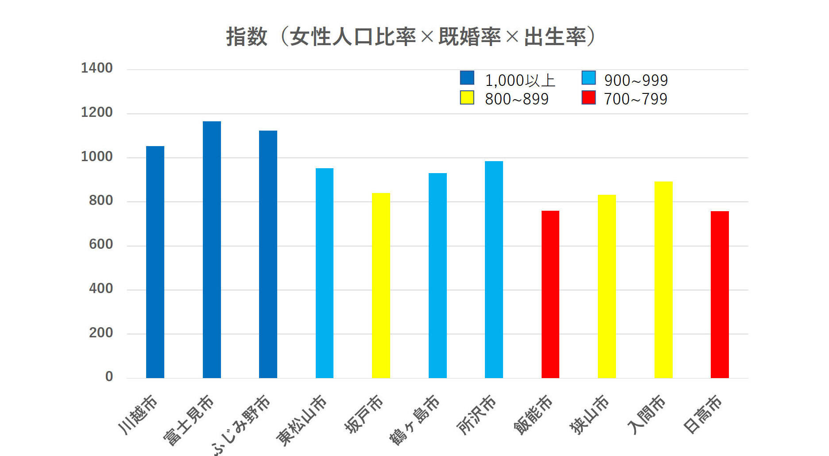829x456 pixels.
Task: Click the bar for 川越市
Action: (x=155, y=262)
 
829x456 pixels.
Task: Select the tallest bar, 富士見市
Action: (x=212, y=250)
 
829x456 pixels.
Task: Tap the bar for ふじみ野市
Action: (x=268, y=254)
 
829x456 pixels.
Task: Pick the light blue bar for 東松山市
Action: (x=325, y=273)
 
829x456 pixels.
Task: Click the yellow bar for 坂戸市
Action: (x=381, y=286)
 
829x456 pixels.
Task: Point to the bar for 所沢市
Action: (x=494, y=270)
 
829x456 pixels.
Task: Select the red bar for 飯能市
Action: (x=550, y=294)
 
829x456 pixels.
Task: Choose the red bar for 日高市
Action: (x=720, y=294)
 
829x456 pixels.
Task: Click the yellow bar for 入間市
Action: (x=663, y=280)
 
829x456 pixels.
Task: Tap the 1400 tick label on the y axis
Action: (x=97, y=68)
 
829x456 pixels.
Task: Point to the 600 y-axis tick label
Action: (x=101, y=244)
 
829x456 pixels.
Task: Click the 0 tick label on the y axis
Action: (x=109, y=377)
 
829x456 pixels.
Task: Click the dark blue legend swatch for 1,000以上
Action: (x=467, y=78)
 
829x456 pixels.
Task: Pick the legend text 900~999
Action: (x=636, y=81)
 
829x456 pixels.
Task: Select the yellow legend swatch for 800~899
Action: (x=467, y=97)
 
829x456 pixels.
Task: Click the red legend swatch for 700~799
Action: (x=589, y=97)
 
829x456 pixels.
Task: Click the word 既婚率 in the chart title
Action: (x=469, y=37)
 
